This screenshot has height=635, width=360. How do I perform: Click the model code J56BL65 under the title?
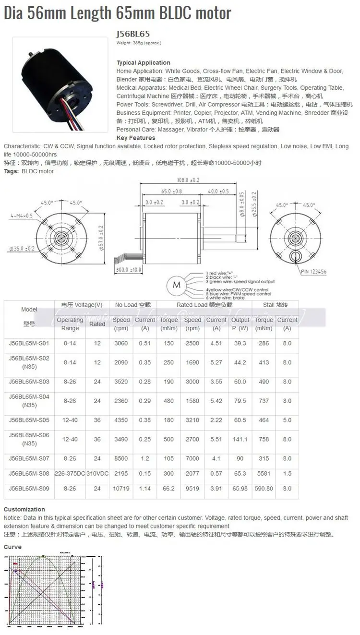coord(133,34)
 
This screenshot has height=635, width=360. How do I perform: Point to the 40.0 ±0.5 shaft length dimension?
coord(218,191)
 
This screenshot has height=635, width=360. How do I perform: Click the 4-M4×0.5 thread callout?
coord(22,216)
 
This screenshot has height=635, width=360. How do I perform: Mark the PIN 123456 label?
coord(314,272)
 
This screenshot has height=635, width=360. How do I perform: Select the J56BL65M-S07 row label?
coord(29,458)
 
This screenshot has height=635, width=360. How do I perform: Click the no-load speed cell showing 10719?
coord(121,489)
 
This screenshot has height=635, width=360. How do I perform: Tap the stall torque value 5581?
coord(264,474)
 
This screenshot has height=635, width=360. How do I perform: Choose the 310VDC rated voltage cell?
coord(97,474)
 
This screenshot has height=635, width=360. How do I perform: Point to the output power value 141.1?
coord(240,439)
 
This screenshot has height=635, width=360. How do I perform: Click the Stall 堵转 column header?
coord(276,305)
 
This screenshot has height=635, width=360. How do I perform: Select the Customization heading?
coord(24,509)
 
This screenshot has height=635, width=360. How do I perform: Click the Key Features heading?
coord(136,138)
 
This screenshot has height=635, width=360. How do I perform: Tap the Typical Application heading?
coord(143,63)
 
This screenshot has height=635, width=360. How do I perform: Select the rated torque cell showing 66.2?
coord(168,489)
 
